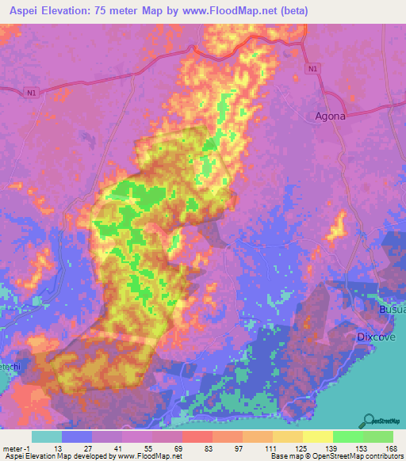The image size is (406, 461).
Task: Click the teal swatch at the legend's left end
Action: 47,436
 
